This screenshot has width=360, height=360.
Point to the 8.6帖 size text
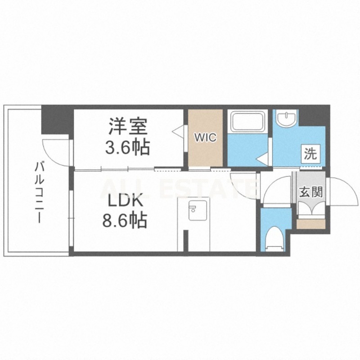(125, 220)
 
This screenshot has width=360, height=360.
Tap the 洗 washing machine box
(310, 154)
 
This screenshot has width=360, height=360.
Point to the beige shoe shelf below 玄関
(311, 223)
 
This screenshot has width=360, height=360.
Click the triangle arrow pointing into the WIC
(178, 131)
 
